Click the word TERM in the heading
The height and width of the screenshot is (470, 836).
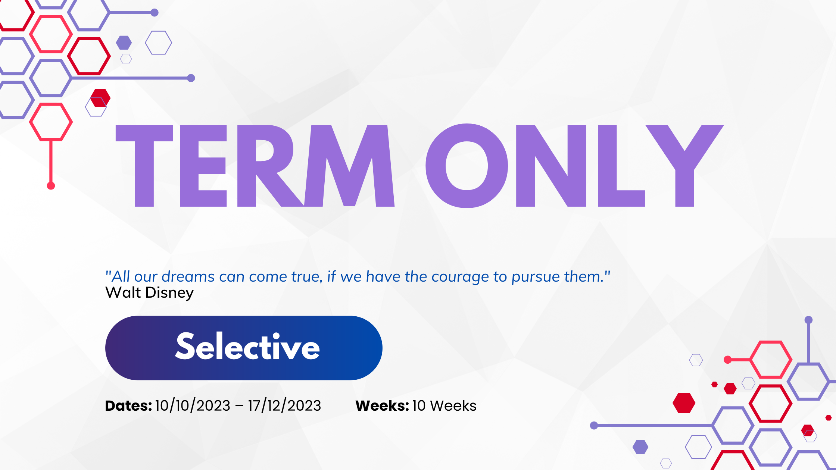(x=255, y=166)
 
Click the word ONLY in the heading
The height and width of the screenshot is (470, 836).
(x=575, y=166)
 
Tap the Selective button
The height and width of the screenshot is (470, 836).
(x=244, y=348)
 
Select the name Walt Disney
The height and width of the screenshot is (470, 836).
(x=149, y=293)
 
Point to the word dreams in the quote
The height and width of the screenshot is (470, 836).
(x=188, y=277)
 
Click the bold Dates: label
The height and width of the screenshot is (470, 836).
(x=128, y=405)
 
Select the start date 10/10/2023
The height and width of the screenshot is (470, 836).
(x=193, y=405)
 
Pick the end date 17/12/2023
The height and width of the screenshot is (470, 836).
(x=284, y=405)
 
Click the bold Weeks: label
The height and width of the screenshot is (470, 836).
(x=382, y=405)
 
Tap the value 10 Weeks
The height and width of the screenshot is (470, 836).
(x=444, y=405)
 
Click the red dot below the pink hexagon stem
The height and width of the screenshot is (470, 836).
(x=51, y=186)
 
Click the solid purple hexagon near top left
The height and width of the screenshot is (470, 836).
(x=124, y=43)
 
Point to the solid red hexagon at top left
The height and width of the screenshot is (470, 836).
(x=100, y=98)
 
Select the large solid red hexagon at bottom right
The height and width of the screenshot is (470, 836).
(x=684, y=403)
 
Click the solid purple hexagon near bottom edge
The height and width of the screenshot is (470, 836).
(x=640, y=447)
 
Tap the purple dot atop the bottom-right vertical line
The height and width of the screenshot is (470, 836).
(x=808, y=320)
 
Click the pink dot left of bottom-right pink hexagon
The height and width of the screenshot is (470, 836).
(x=727, y=360)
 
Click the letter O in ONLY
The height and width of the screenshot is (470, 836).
(x=467, y=166)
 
